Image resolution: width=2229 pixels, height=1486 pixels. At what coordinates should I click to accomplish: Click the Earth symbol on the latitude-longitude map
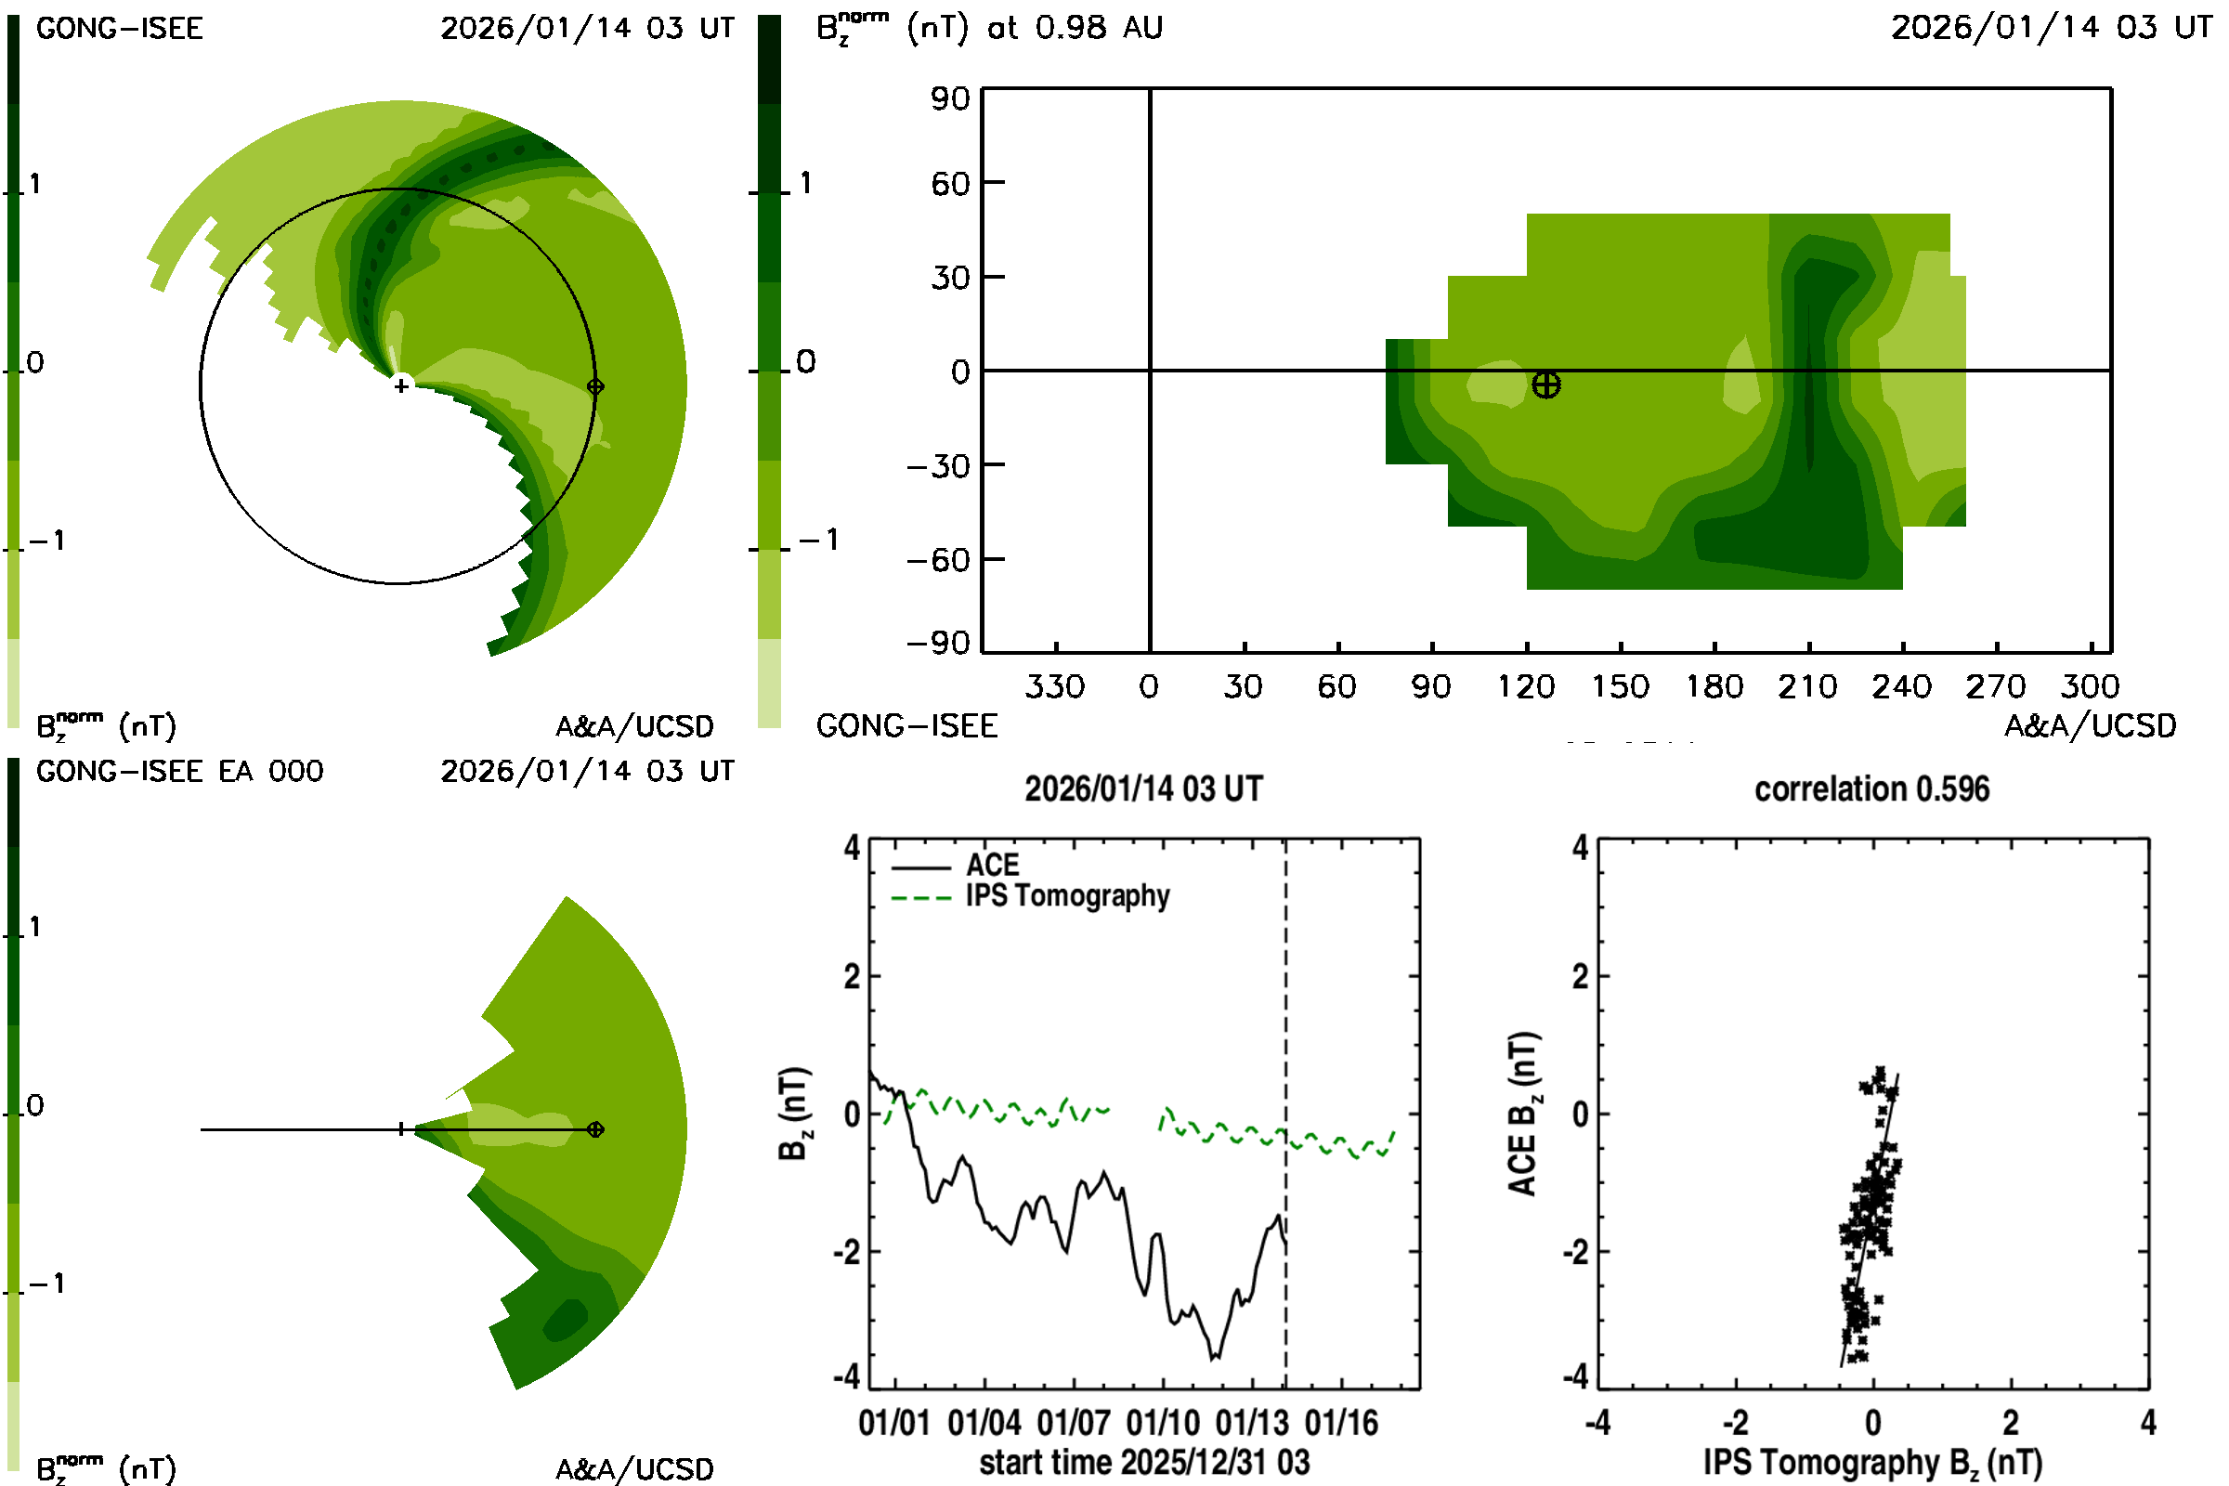tap(1545, 385)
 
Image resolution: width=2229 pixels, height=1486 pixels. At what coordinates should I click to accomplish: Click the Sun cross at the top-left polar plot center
tap(402, 385)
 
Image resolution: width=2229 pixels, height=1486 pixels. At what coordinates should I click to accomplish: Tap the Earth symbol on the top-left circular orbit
tap(595, 386)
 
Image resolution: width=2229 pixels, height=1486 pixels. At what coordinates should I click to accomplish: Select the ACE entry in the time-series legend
tap(992, 866)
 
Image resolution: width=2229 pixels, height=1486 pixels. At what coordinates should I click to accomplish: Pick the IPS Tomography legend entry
tap(1067, 895)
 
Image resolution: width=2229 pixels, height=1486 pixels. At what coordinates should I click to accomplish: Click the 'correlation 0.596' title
tap(1871, 789)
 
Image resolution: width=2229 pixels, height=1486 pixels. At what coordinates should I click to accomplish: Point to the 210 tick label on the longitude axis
tap(1807, 686)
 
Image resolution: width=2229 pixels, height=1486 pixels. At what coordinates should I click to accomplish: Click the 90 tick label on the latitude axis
tap(950, 98)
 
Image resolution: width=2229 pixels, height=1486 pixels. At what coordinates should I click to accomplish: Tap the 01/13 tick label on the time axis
tap(1252, 1423)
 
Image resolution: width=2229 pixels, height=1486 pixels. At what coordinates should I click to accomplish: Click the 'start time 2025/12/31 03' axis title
tap(1144, 1462)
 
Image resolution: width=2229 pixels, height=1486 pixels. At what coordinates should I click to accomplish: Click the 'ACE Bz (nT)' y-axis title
tap(1523, 1114)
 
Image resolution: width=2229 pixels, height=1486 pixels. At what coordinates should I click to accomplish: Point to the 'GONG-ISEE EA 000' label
tap(179, 772)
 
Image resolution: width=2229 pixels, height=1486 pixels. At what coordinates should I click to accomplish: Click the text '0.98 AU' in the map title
tap(1099, 28)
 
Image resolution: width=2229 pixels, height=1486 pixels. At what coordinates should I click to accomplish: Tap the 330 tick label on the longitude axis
tap(1054, 686)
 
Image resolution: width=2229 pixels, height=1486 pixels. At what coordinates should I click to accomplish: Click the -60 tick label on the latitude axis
tap(938, 560)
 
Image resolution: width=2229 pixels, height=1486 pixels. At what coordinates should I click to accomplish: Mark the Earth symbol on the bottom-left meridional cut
tap(595, 1129)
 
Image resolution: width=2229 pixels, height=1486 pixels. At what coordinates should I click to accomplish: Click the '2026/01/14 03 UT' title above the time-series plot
tap(1144, 789)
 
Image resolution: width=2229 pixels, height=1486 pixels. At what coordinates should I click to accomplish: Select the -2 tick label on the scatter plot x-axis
tap(1734, 1423)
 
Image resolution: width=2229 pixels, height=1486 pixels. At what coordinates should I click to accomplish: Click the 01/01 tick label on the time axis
tap(893, 1423)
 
